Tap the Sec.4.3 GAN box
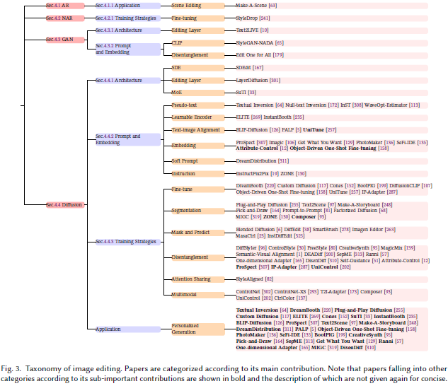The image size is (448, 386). pos(59,40)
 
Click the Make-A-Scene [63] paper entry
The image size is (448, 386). pos(257,6)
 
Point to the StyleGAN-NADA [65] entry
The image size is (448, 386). pos(262,43)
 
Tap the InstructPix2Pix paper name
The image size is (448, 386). pos(258,174)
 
